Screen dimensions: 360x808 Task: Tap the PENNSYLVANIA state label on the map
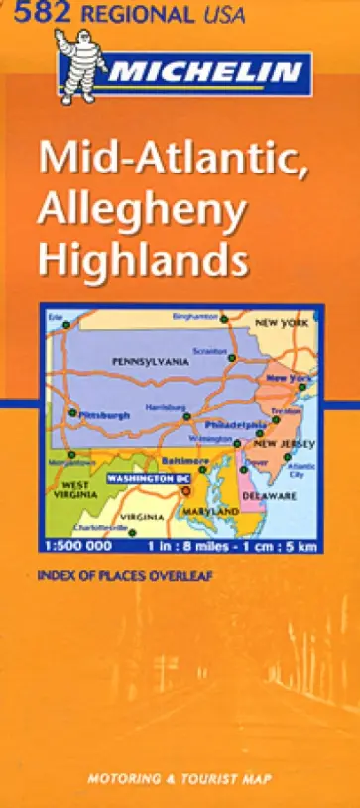click(x=150, y=362)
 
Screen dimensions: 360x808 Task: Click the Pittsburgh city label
click(x=104, y=415)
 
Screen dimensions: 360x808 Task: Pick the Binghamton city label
click(x=194, y=316)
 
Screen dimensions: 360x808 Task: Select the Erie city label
click(x=56, y=316)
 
